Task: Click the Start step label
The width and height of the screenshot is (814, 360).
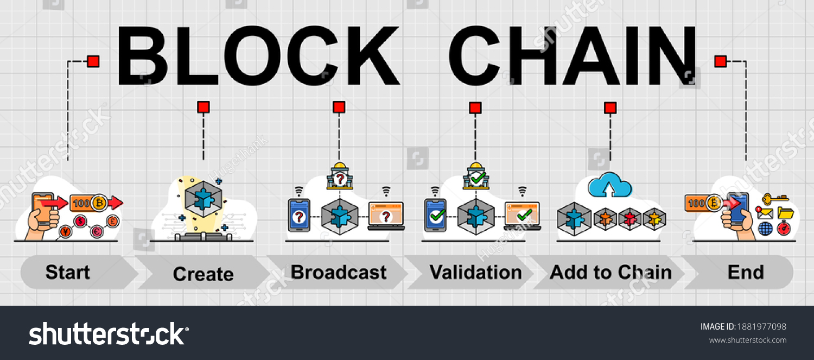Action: pos(68,272)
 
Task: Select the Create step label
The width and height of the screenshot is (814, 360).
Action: pos(203,274)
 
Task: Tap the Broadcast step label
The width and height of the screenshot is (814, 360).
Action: pos(339,272)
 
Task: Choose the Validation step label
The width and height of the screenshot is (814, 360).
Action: pos(476,272)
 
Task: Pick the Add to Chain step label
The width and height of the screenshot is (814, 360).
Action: pos(610,272)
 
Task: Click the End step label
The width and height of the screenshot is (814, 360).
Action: pos(746,272)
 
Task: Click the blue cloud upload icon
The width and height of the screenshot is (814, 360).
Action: pos(610,186)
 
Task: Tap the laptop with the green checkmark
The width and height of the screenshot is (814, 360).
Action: pos(522,216)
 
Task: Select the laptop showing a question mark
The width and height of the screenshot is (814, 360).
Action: pos(386,216)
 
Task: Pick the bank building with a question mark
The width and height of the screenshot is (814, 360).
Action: pos(340,177)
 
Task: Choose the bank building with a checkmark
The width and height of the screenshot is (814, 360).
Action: pos(476,177)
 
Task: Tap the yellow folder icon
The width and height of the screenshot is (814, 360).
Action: pos(785,212)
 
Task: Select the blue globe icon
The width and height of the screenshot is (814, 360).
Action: pos(765,229)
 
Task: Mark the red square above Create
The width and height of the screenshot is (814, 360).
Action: pos(203,107)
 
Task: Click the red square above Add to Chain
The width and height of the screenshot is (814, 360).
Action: pos(610,108)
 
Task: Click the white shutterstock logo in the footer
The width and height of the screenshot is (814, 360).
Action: pos(109,333)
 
